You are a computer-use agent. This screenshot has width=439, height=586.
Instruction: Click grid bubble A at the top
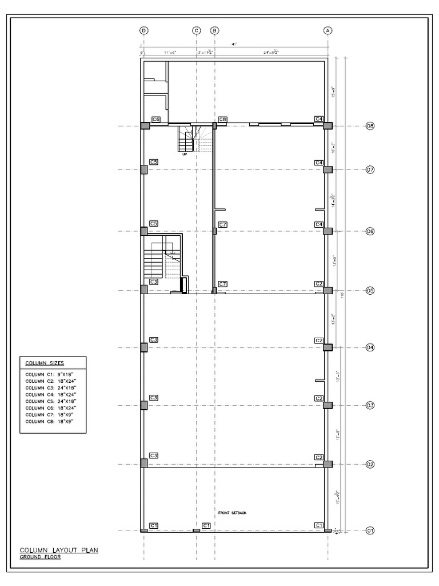tap(328, 31)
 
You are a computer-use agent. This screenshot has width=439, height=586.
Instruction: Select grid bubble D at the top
tap(144, 31)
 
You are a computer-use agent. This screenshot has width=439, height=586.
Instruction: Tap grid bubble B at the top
tap(215, 31)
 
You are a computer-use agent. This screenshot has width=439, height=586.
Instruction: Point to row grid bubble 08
tap(370, 126)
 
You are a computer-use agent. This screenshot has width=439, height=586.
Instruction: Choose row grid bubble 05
tap(370, 291)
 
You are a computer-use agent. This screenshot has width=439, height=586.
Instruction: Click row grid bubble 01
tap(370, 530)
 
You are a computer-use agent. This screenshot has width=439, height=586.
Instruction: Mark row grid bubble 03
tap(370, 406)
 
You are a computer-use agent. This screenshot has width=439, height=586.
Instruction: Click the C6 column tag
tap(155, 119)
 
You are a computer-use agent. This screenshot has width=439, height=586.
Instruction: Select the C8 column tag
tap(223, 119)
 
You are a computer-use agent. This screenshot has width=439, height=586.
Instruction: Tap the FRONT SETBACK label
tap(233, 513)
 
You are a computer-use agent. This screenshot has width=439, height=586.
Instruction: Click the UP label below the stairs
tap(185, 154)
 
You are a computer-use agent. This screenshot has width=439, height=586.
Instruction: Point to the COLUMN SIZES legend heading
tap(44, 363)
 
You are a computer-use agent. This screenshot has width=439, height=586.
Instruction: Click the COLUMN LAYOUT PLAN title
tap(59, 550)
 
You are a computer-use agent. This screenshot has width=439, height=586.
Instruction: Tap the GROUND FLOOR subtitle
tap(40, 557)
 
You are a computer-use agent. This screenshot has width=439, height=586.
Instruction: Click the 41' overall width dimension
tap(234, 44)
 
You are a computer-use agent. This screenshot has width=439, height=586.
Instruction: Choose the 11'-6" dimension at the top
tap(170, 52)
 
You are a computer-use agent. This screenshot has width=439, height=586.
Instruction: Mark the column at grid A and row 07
tap(328, 169)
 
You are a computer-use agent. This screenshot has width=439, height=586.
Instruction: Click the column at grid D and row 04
tap(145, 347)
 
